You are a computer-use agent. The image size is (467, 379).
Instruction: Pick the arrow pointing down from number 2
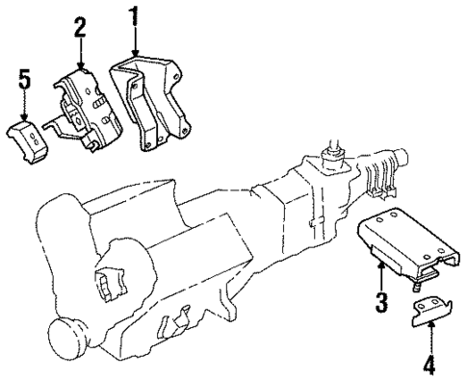(x=81, y=52)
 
